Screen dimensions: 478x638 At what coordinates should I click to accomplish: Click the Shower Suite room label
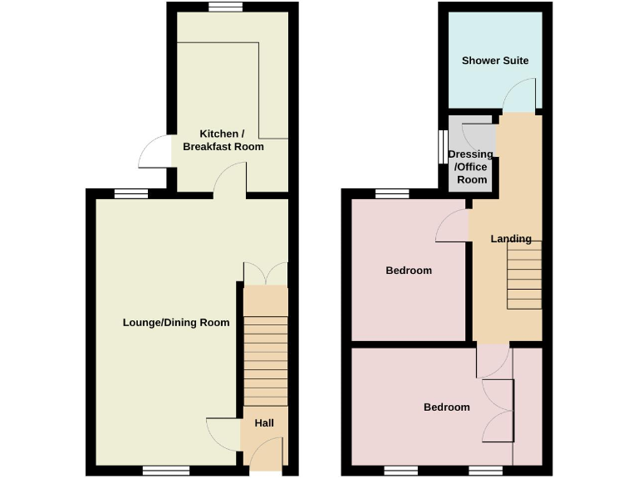click(495, 61)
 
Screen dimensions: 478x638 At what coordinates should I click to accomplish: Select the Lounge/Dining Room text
click(176, 322)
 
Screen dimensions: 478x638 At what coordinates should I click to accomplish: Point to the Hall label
click(264, 423)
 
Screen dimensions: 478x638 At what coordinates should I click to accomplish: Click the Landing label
click(510, 239)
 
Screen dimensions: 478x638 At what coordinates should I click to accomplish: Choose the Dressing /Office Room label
click(470, 167)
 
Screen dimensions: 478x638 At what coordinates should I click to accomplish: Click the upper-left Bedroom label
click(409, 271)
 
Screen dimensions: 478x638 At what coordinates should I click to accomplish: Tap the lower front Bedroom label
click(447, 407)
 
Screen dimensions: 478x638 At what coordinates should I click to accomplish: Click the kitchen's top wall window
click(225, 7)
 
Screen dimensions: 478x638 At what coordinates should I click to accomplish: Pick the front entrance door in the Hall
click(266, 455)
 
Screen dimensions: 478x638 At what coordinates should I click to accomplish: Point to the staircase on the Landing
click(524, 275)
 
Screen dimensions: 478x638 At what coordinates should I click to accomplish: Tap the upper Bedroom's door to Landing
click(454, 226)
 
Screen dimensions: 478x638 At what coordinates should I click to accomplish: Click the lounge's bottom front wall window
click(166, 471)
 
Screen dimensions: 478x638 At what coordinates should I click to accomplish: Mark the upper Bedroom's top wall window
click(392, 194)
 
